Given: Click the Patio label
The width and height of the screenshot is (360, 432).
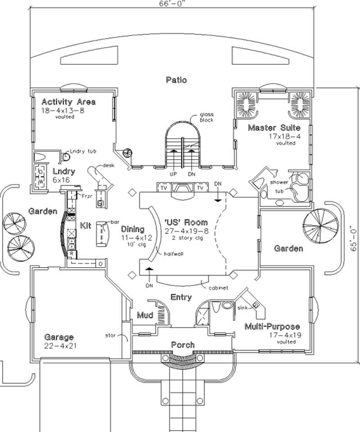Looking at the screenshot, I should [176, 80].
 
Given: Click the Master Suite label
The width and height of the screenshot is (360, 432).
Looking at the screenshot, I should [274, 128].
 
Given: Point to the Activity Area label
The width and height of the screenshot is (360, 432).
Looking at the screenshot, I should [68, 102].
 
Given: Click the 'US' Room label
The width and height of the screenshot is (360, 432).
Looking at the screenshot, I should [186, 222].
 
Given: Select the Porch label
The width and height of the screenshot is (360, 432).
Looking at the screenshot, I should [183, 345].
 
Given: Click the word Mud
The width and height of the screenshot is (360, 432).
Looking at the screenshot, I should [144, 316].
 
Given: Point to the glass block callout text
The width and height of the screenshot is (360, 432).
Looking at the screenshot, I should [207, 118].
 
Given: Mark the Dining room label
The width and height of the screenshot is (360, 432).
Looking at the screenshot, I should [133, 229].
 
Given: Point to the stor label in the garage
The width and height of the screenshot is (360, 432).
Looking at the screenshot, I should [111, 335].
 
